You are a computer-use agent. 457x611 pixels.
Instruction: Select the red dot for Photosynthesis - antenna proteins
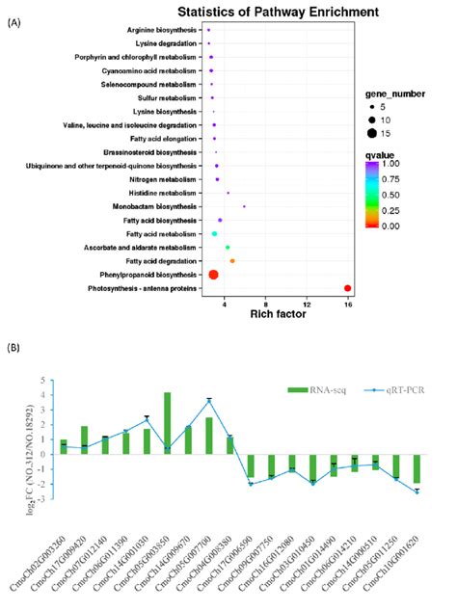pyautogui.click(x=347, y=288)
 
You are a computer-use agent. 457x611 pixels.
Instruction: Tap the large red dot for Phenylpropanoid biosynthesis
pyautogui.click(x=214, y=275)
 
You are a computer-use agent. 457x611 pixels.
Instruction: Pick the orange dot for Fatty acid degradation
pyautogui.click(x=232, y=261)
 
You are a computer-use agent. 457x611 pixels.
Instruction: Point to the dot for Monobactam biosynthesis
pyautogui.click(x=244, y=206)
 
